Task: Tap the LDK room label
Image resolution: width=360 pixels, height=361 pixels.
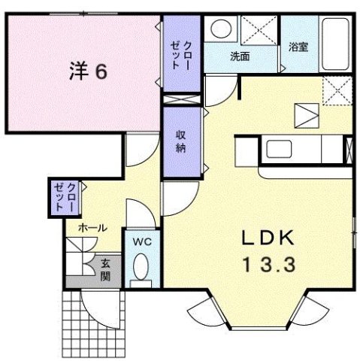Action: coord(267,239)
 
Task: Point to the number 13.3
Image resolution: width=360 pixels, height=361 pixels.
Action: coord(267,265)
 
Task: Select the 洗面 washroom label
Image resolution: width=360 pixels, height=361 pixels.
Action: coord(241,56)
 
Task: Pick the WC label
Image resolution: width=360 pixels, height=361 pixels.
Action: coord(142,242)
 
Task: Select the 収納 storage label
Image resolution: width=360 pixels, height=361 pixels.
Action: coord(181,141)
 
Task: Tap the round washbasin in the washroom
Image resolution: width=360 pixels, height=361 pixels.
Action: coord(221,30)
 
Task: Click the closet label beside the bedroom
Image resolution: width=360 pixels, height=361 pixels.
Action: coord(180,54)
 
